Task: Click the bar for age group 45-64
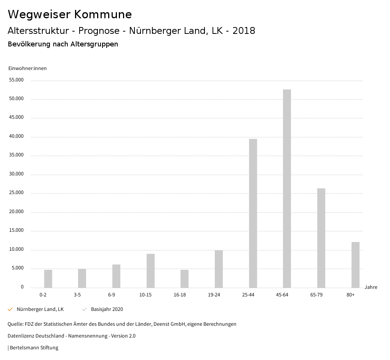click(x=287, y=188)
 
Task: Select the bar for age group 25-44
click(x=253, y=213)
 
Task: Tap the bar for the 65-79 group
click(x=321, y=238)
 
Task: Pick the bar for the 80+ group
click(x=355, y=265)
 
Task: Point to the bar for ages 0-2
click(x=48, y=279)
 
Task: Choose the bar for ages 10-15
click(x=150, y=271)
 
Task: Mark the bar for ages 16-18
click(x=184, y=279)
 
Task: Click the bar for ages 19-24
click(x=219, y=269)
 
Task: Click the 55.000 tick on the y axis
click(x=16, y=80)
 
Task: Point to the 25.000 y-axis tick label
click(x=16, y=193)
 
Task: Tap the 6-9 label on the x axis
click(x=112, y=295)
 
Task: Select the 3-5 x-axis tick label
click(x=77, y=295)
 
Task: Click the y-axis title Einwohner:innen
click(x=27, y=68)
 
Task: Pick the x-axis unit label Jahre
click(x=371, y=287)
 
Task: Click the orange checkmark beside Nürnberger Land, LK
click(x=10, y=309)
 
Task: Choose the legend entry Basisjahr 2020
click(x=107, y=309)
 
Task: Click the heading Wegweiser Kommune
click(x=70, y=14)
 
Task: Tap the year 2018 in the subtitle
click(x=244, y=31)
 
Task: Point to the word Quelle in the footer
click(x=15, y=324)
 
